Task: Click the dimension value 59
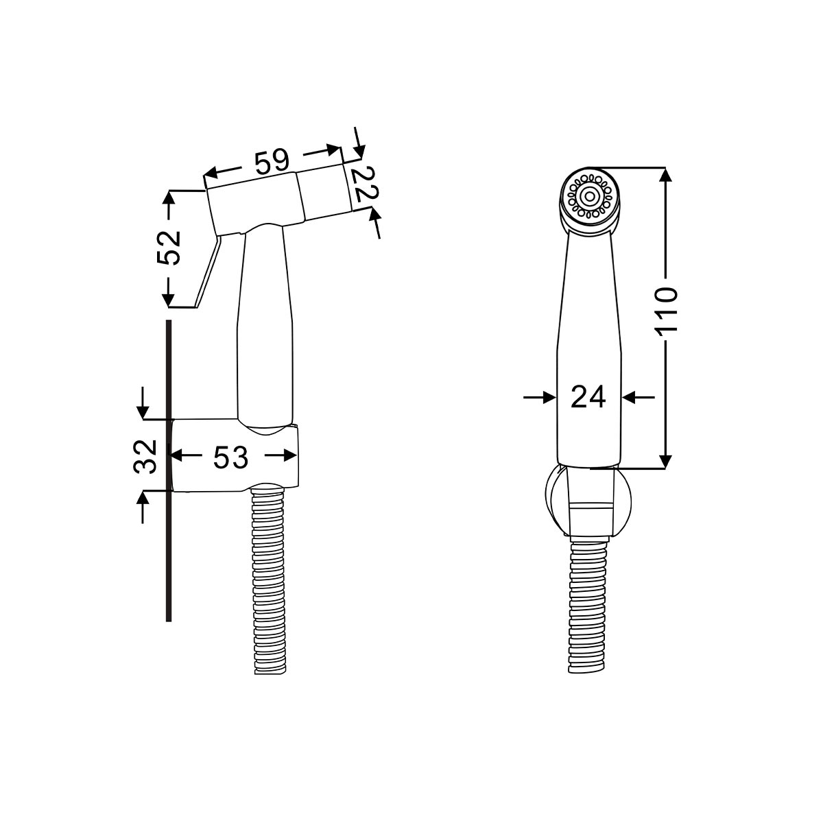pos(272,162)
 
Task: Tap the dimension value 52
pos(169,248)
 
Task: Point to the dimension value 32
pos(145,456)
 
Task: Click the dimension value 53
pos(230,457)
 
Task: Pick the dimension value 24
pos(588,396)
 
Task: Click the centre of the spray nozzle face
pos(589,196)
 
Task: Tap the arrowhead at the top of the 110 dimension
pos(665,174)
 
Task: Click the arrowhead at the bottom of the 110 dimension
pos(665,462)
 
